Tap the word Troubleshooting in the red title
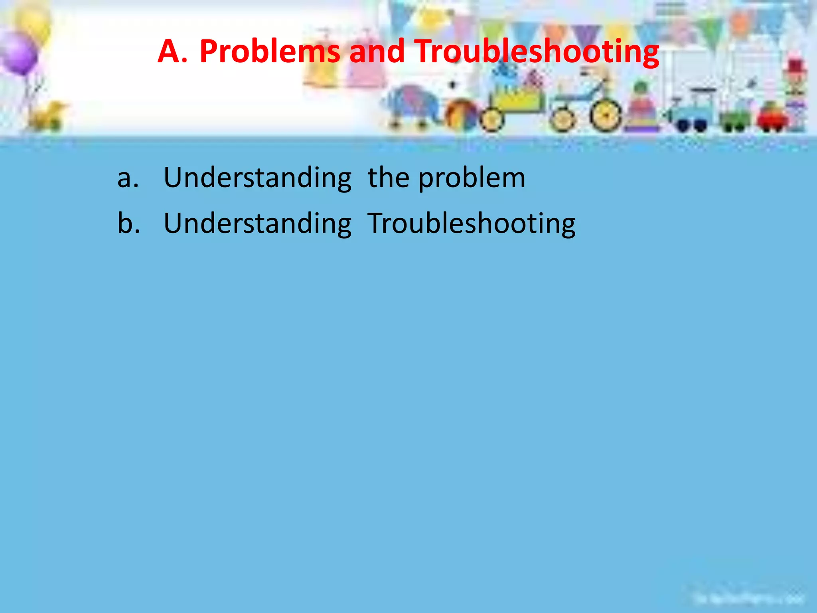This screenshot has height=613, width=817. point(537,52)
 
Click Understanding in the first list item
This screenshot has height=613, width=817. point(257,178)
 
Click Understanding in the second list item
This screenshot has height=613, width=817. point(257,224)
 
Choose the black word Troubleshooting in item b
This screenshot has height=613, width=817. point(471,224)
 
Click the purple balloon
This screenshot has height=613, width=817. point(18,54)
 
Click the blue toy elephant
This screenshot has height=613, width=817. point(411,106)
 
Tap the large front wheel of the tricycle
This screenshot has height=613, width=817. point(606,115)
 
